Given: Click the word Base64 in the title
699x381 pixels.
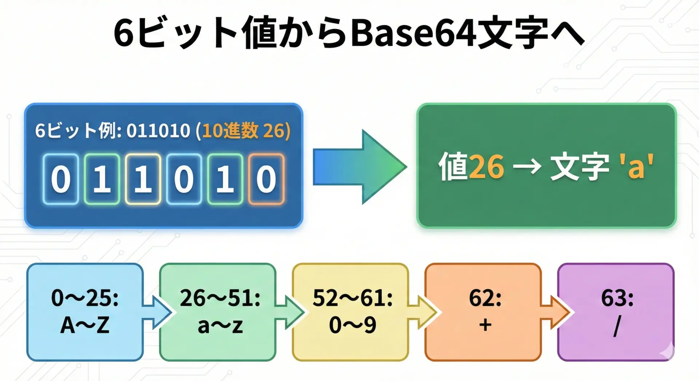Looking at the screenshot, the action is click(x=413, y=33).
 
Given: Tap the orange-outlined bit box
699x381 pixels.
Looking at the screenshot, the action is click(x=266, y=179).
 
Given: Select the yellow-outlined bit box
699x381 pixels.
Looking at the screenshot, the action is click(x=143, y=179).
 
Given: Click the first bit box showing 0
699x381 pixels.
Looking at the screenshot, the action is click(x=60, y=179).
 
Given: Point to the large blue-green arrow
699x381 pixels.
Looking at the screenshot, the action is click(x=360, y=167).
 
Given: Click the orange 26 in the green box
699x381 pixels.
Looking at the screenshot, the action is click(x=486, y=167).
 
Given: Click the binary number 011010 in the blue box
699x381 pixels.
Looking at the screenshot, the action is click(x=158, y=131).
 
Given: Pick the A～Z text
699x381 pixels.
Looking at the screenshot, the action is click(x=85, y=325).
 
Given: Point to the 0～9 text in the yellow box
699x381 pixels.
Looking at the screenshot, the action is click(x=353, y=325).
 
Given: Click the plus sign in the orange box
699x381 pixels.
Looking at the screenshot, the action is click(x=485, y=325).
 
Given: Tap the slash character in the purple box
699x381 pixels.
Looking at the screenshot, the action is click(x=617, y=326).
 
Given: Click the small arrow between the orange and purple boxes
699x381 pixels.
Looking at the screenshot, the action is click(x=554, y=312).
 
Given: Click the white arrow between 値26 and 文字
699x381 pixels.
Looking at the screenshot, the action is click(x=527, y=167).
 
